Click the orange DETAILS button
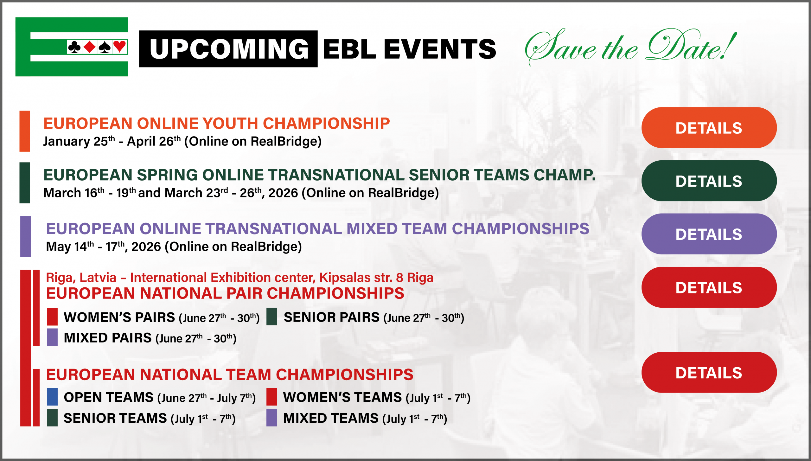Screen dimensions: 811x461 coord(709,128)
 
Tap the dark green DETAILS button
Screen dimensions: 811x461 coord(709,181)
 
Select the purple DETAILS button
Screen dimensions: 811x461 coord(709,234)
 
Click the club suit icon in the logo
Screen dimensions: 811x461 coord(74,47)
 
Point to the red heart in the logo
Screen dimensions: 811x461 coord(120,47)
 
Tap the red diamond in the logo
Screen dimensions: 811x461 coord(90,47)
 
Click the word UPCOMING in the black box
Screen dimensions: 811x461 coord(229,49)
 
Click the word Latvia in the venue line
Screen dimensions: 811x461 coord(98,278)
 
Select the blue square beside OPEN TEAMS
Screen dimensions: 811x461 coord(52,397)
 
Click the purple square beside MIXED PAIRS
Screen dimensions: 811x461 coord(52,337)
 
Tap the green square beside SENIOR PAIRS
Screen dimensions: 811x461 coord(272,317)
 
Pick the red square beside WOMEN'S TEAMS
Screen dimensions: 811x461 coord(272,397)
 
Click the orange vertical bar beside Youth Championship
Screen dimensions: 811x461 coord(25,131)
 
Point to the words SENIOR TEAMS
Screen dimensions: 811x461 coord(115,418)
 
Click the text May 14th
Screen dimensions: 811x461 coord(70,247)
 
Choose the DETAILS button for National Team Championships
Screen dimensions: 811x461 coord(709,373)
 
